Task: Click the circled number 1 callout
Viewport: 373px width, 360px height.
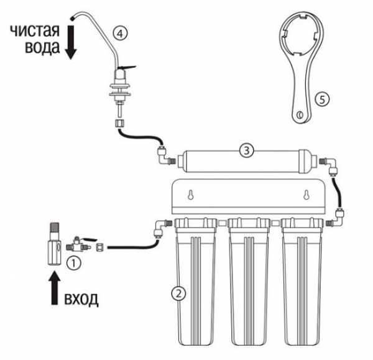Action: point(73,263)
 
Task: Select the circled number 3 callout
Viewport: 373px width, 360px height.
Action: point(246,150)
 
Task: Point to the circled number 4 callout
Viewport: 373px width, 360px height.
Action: point(120,34)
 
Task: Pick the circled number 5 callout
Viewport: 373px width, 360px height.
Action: point(322,99)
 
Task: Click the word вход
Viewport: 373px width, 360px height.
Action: point(81,299)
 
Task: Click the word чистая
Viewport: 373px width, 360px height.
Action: point(35,30)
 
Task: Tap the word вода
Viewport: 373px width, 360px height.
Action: point(42,47)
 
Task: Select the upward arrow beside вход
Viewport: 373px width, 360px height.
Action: point(55,288)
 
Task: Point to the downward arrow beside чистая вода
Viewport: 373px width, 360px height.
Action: point(71,42)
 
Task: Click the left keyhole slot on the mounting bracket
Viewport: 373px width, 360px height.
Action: point(190,195)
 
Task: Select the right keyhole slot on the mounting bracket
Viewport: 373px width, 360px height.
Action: point(306,195)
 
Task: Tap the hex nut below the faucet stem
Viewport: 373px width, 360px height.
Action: point(119,123)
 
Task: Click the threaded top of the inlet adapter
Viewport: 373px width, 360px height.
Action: point(55,228)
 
